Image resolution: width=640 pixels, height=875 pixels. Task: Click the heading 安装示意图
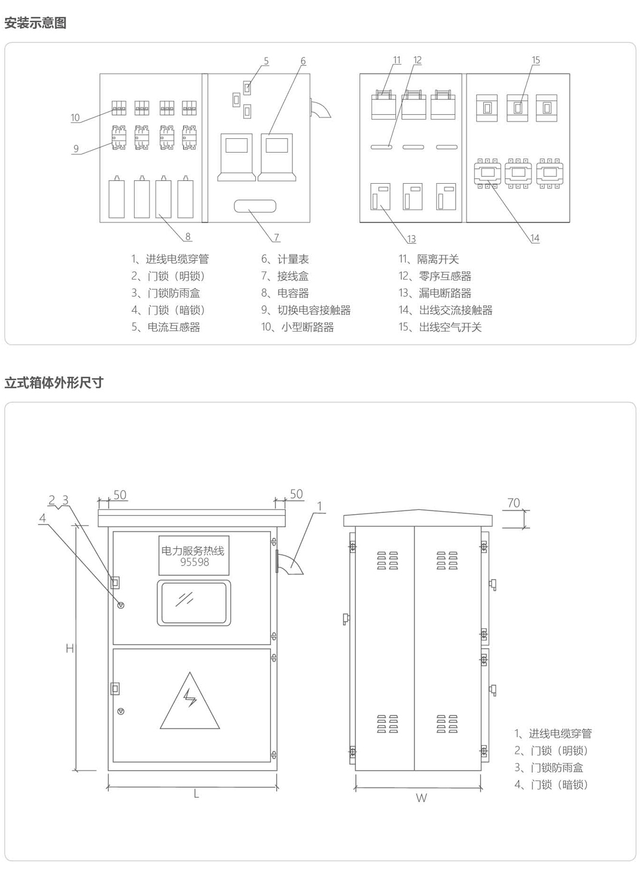[35, 23]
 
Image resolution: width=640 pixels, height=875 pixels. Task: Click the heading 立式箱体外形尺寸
[54, 382]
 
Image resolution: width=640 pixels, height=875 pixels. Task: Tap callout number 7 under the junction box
[276, 238]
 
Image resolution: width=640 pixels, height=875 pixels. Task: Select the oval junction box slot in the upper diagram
[255, 206]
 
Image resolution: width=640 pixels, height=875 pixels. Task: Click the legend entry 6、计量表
[285, 259]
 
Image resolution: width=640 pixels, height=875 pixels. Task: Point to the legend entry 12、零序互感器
[435, 276]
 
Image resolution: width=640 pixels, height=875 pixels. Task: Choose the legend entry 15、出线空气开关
[440, 327]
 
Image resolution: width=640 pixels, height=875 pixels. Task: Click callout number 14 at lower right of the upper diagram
[535, 238]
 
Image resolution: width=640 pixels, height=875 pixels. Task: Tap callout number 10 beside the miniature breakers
[75, 117]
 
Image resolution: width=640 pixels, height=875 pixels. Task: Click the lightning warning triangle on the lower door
[190, 702]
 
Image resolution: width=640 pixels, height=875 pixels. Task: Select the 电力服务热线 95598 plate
[194, 555]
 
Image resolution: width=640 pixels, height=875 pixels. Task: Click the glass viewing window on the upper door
[194, 603]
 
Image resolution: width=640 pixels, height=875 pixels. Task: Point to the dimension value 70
[514, 503]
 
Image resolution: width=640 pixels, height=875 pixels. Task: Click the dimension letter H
[69, 648]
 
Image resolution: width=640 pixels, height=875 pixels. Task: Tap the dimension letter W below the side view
[421, 798]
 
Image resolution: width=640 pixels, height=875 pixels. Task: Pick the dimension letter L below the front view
[196, 794]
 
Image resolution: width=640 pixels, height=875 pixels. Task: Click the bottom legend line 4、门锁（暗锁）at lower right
[551, 784]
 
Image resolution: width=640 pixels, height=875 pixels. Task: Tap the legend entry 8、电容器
[285, 293]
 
